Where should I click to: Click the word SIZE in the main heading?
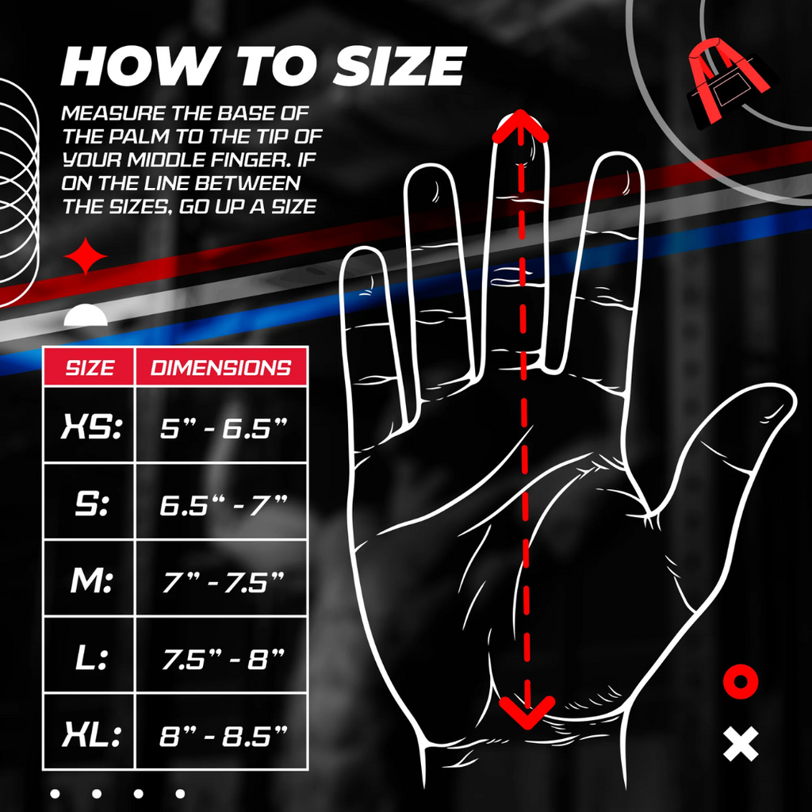398,67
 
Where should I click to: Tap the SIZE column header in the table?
90,368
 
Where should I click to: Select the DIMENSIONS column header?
221,368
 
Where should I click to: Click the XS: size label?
91,427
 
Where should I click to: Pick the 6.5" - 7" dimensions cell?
223,504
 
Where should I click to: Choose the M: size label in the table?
91,581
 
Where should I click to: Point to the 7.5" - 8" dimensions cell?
223,659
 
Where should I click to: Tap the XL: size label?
92,735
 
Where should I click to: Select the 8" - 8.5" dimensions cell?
223,735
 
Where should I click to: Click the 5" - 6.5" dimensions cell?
223,428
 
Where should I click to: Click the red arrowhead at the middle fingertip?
520,125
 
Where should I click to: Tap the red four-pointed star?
86,256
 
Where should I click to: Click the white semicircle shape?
86,316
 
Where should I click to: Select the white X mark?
741,744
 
